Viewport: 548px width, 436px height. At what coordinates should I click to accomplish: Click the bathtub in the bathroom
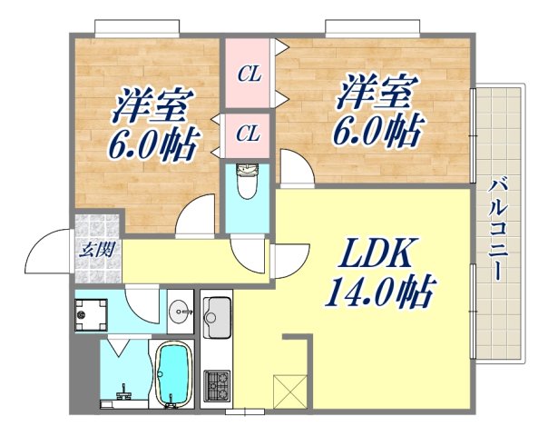point(173,374)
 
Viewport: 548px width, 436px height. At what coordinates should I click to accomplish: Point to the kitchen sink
point(218,321)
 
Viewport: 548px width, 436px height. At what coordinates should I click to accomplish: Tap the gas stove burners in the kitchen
point(219,385)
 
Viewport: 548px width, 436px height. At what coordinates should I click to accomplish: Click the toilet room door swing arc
point(249,253)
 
